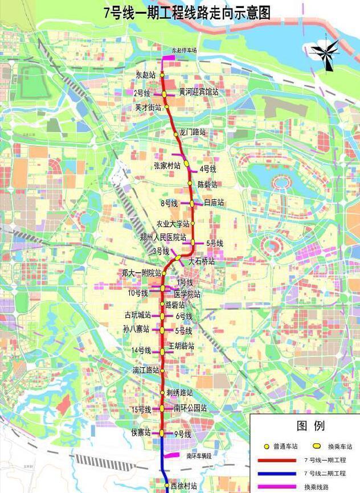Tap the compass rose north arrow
click(325, 55)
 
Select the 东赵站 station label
click(145, 75)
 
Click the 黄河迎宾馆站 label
click(198, 92)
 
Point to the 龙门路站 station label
click(193, 132)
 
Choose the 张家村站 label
click(167, 166)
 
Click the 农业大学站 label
click(172, 223)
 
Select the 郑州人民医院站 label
click(163, 237)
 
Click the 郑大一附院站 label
click(141, 273)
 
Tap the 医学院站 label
click(187, 294)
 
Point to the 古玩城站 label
click(138, 315)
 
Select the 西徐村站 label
click(184, 486)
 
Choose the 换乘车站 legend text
click(340, 447)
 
